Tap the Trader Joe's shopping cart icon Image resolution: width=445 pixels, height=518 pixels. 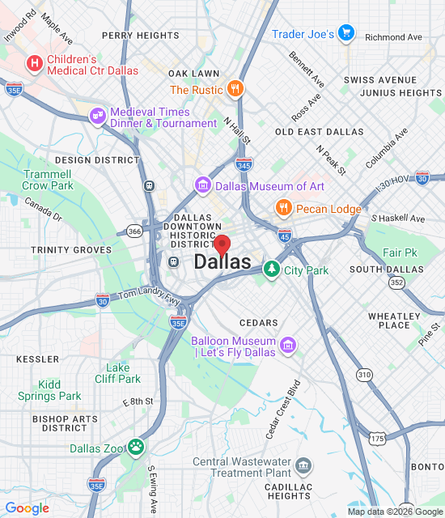[x=346, y=33]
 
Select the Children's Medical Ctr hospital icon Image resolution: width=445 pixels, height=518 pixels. [x=35, y=63]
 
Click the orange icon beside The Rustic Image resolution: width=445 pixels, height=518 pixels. [x=235, y=89]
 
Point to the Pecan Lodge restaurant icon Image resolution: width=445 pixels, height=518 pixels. [x=282, y=208]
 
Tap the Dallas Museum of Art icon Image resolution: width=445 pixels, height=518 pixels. [x=203, y=186]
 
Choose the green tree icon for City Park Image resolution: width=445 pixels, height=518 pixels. [x=271, y=270]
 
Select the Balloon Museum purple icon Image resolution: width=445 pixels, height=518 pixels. [x=287, y=347]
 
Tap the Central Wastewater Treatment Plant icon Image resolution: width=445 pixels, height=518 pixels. [x=303, y=466]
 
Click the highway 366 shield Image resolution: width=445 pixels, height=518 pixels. [x=133, y=231]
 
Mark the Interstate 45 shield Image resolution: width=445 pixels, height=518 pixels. [x=284, y=235]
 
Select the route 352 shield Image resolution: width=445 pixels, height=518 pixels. [x=396, y=282]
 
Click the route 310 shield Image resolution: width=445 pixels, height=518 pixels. [x=365, y=374]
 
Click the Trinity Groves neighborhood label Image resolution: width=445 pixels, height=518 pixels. [x=71, y=250]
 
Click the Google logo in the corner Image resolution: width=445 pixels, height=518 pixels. [x=27, y=508]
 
